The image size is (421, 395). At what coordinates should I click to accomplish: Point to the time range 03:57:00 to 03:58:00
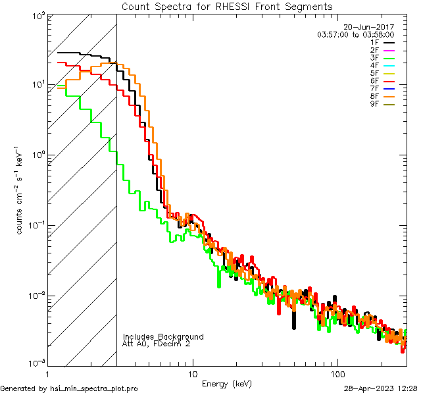355,34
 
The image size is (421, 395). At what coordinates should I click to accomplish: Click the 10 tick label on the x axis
192,373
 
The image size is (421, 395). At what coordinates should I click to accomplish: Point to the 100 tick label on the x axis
337,373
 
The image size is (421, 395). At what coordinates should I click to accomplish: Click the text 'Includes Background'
163,336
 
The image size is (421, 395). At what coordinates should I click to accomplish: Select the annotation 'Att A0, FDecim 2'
157,344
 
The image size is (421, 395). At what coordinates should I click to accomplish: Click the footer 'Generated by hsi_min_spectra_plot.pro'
70,388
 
